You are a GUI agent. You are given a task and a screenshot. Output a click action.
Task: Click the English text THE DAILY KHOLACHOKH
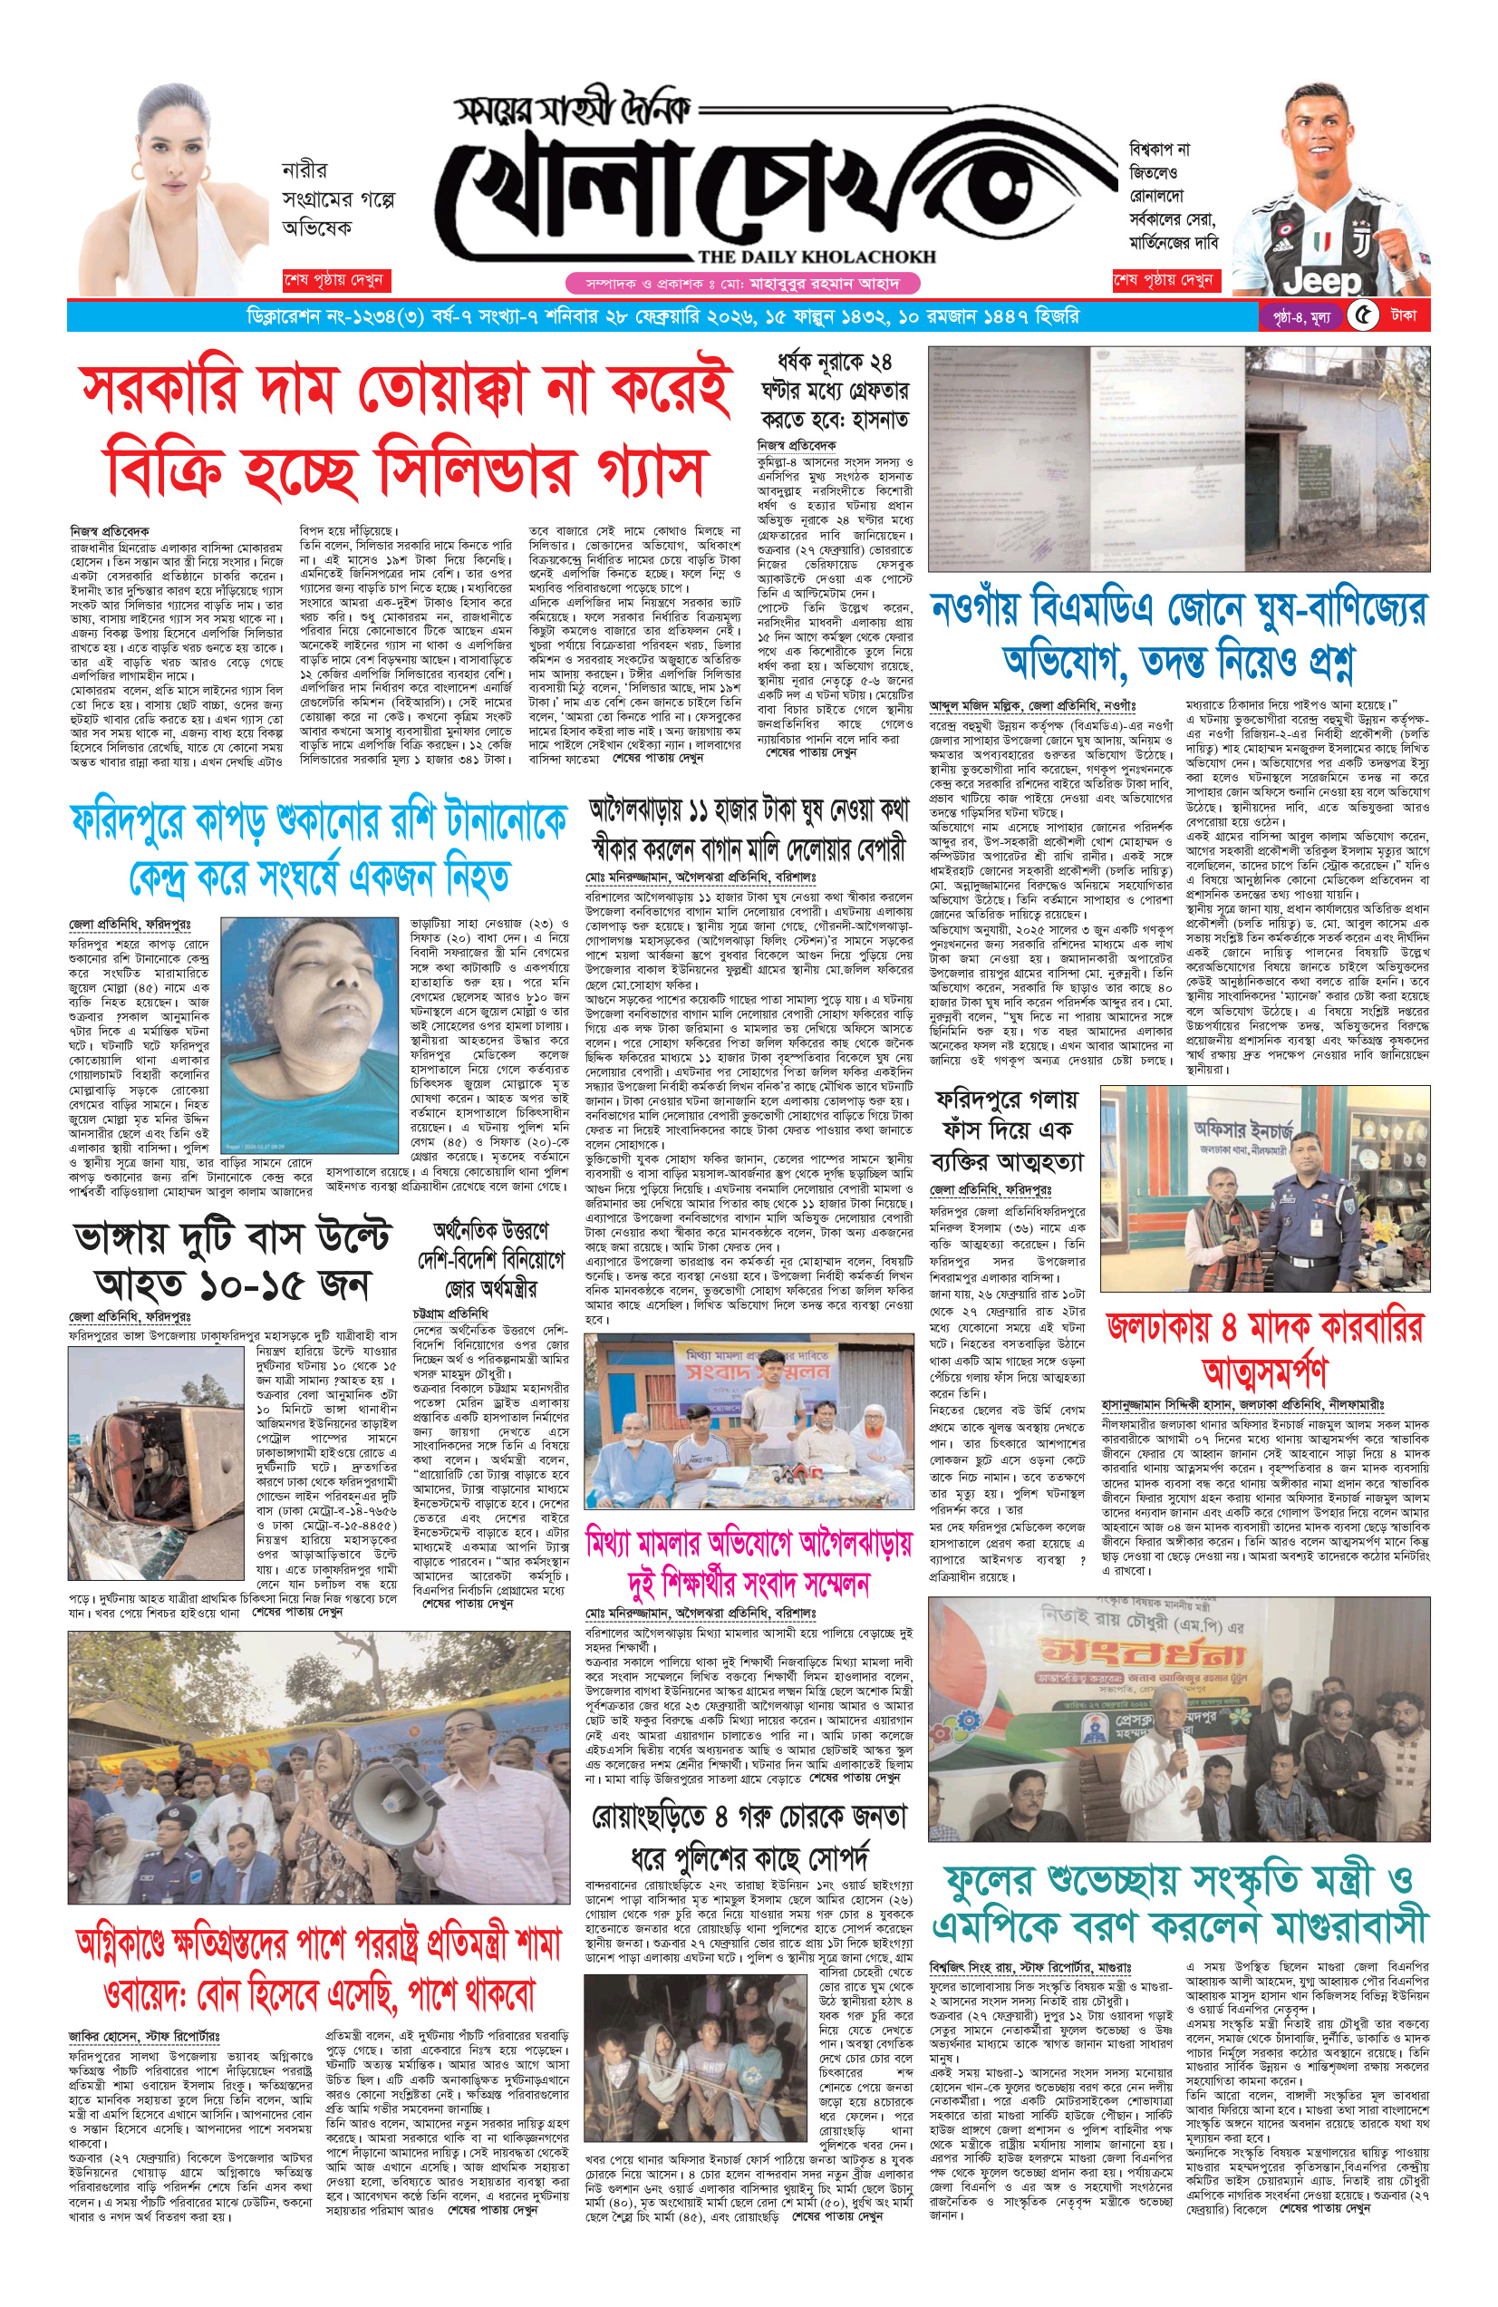816,257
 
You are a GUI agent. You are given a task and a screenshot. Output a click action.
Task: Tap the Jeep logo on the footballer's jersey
1321,281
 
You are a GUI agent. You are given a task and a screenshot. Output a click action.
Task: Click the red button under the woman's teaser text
333,280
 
